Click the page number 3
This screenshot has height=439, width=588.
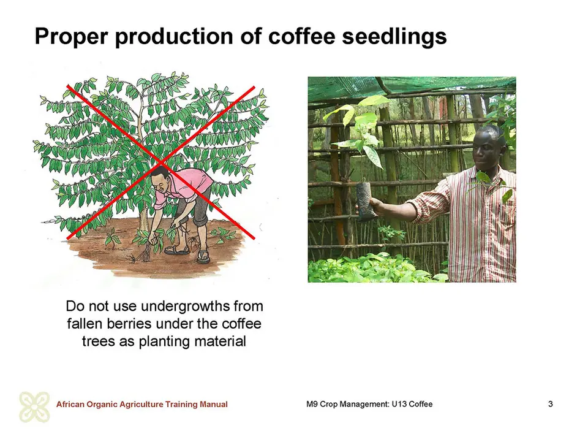click(550, 404)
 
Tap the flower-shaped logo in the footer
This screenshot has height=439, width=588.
click(34, 407)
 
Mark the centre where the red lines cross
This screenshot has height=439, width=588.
click(161, 162)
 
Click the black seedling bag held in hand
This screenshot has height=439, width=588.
click(366, 202)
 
